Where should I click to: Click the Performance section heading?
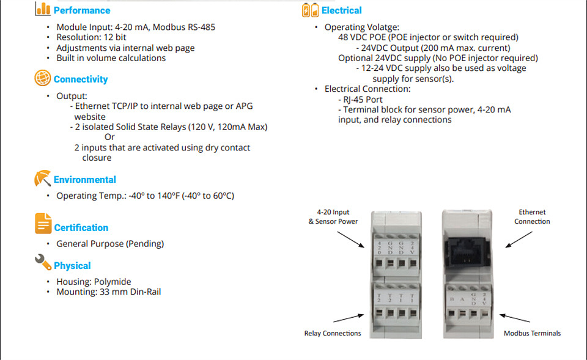[x=82, y=10]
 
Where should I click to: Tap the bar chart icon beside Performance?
[x=43, y=9]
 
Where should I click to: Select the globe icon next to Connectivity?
[x=43, y=79]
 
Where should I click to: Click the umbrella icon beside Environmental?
[x=42, y=179]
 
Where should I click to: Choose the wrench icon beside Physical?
[x=43, y=262]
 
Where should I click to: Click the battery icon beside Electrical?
[x=310, y=10]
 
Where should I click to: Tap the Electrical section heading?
[x=342, y=10]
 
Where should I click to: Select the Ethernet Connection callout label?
[x=532, y=217]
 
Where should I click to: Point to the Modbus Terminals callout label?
[x=532, y=333]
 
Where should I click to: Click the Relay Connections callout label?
[x=333, y=333]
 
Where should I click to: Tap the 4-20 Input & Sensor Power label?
[x=333, y=216]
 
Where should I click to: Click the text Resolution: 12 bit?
[x=91, y=37]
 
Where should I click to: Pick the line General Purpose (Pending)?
[x=110, y=243]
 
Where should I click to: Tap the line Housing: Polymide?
[x=94, y=282]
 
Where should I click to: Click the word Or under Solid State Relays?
[x=109, y=138]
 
